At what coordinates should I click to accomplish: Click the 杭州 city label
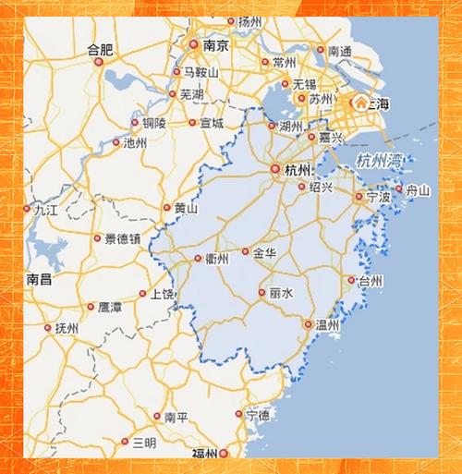point(298,170)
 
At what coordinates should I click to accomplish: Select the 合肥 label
point(99,48)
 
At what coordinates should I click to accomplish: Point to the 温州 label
point(327,325)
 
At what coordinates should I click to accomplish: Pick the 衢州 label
point(217,260)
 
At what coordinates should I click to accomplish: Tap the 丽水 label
point(281,292)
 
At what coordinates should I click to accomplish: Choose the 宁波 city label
point(379,197)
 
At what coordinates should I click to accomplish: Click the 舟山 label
point(419,190)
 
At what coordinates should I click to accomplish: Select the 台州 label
point(371,281)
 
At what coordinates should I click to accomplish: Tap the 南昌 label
point(40,278)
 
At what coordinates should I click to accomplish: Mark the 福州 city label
point(204,454)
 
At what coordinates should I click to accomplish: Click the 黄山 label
point(186,209)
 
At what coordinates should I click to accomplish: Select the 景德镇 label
point(122,238)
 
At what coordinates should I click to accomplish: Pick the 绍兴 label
point(321,187)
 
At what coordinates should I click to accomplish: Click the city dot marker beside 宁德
point(239,415)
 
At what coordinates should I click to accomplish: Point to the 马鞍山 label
point(200,72)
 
